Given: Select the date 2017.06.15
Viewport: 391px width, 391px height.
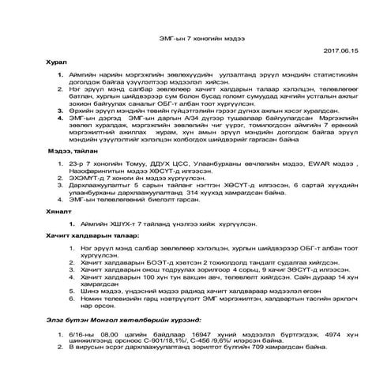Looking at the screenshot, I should click(340, 51).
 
